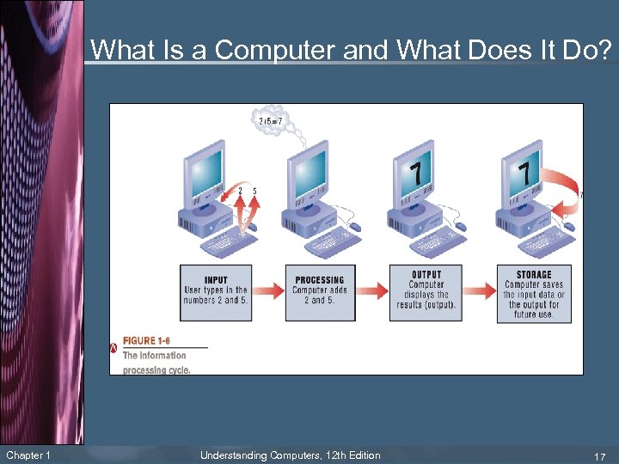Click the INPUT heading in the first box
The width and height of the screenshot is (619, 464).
click(217, 280)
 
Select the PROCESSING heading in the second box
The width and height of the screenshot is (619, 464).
click(319, 280)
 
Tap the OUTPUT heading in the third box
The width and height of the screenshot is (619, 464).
click(426, 275)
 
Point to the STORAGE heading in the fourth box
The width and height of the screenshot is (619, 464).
click(534, 275)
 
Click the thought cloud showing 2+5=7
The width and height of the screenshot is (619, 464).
click(273, 121)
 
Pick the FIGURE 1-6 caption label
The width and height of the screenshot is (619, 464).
click(152, 341)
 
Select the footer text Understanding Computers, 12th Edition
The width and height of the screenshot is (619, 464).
click(290, 455)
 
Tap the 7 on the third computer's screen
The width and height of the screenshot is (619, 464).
click(416, 172)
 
